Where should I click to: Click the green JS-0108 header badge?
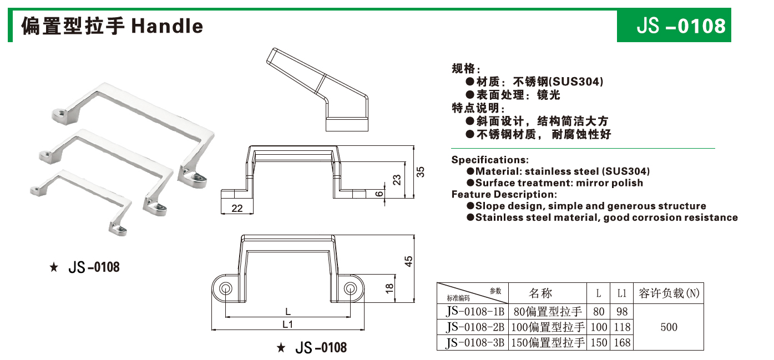(674, 26)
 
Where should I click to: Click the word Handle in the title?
(167, 26)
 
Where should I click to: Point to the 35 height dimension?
(421, 172)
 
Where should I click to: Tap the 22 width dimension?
(237, 209)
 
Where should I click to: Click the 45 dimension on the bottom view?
(409, 261)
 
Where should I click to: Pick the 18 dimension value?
(389, 288)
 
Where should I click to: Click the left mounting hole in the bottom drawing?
(226, 288)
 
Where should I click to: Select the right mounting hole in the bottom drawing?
(350, 288)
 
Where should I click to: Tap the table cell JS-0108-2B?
(475, 327)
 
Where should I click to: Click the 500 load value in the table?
(669, 327)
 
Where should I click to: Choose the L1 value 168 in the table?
(622, 343)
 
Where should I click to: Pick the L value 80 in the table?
(599, 312)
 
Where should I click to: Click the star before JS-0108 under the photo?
(54, 268)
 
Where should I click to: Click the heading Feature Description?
(503, 194)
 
